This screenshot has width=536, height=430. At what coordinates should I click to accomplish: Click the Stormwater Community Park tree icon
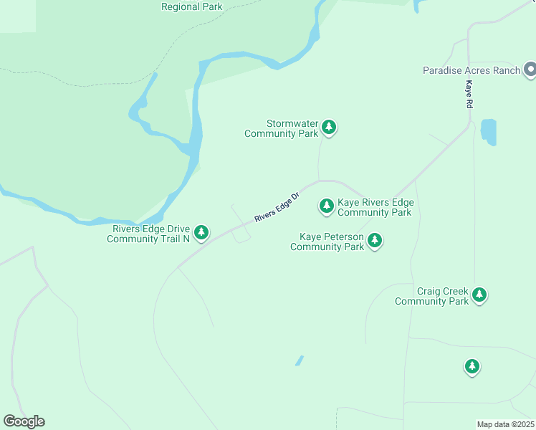point(329,128)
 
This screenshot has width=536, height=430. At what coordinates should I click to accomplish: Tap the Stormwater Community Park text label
point(282,128)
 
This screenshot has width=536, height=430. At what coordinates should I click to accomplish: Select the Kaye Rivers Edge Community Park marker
point(327,206)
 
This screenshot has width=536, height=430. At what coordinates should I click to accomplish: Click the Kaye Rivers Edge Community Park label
point(375,207)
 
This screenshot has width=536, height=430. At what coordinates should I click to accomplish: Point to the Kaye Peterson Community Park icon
point(375,241)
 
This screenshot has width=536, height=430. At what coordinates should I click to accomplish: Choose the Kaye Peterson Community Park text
point(327,242)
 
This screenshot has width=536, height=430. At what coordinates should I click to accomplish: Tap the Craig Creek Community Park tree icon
point(479,295)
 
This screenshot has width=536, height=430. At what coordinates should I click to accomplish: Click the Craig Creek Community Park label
point(432,296)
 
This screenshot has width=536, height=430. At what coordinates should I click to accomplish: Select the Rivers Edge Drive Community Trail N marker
point(202,232)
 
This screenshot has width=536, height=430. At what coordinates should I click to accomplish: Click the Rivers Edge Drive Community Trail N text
point(148,234)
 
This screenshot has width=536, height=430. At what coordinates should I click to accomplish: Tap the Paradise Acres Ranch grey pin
point(530,70)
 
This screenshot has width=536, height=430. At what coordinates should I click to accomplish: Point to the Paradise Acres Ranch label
point(470,70)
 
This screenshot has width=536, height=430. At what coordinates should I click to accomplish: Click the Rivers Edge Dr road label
point(276,207)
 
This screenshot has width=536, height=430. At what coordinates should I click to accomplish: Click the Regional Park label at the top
point(191,7)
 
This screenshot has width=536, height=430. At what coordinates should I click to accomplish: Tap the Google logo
point(24,421)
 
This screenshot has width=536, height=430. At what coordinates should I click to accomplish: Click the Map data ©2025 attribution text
point(505,424)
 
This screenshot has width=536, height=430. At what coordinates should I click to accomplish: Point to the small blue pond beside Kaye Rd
point(488,130)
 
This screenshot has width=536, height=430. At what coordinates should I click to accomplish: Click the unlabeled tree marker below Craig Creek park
point(472,366)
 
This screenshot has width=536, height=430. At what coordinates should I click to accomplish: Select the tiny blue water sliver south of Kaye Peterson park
point(299,360)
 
